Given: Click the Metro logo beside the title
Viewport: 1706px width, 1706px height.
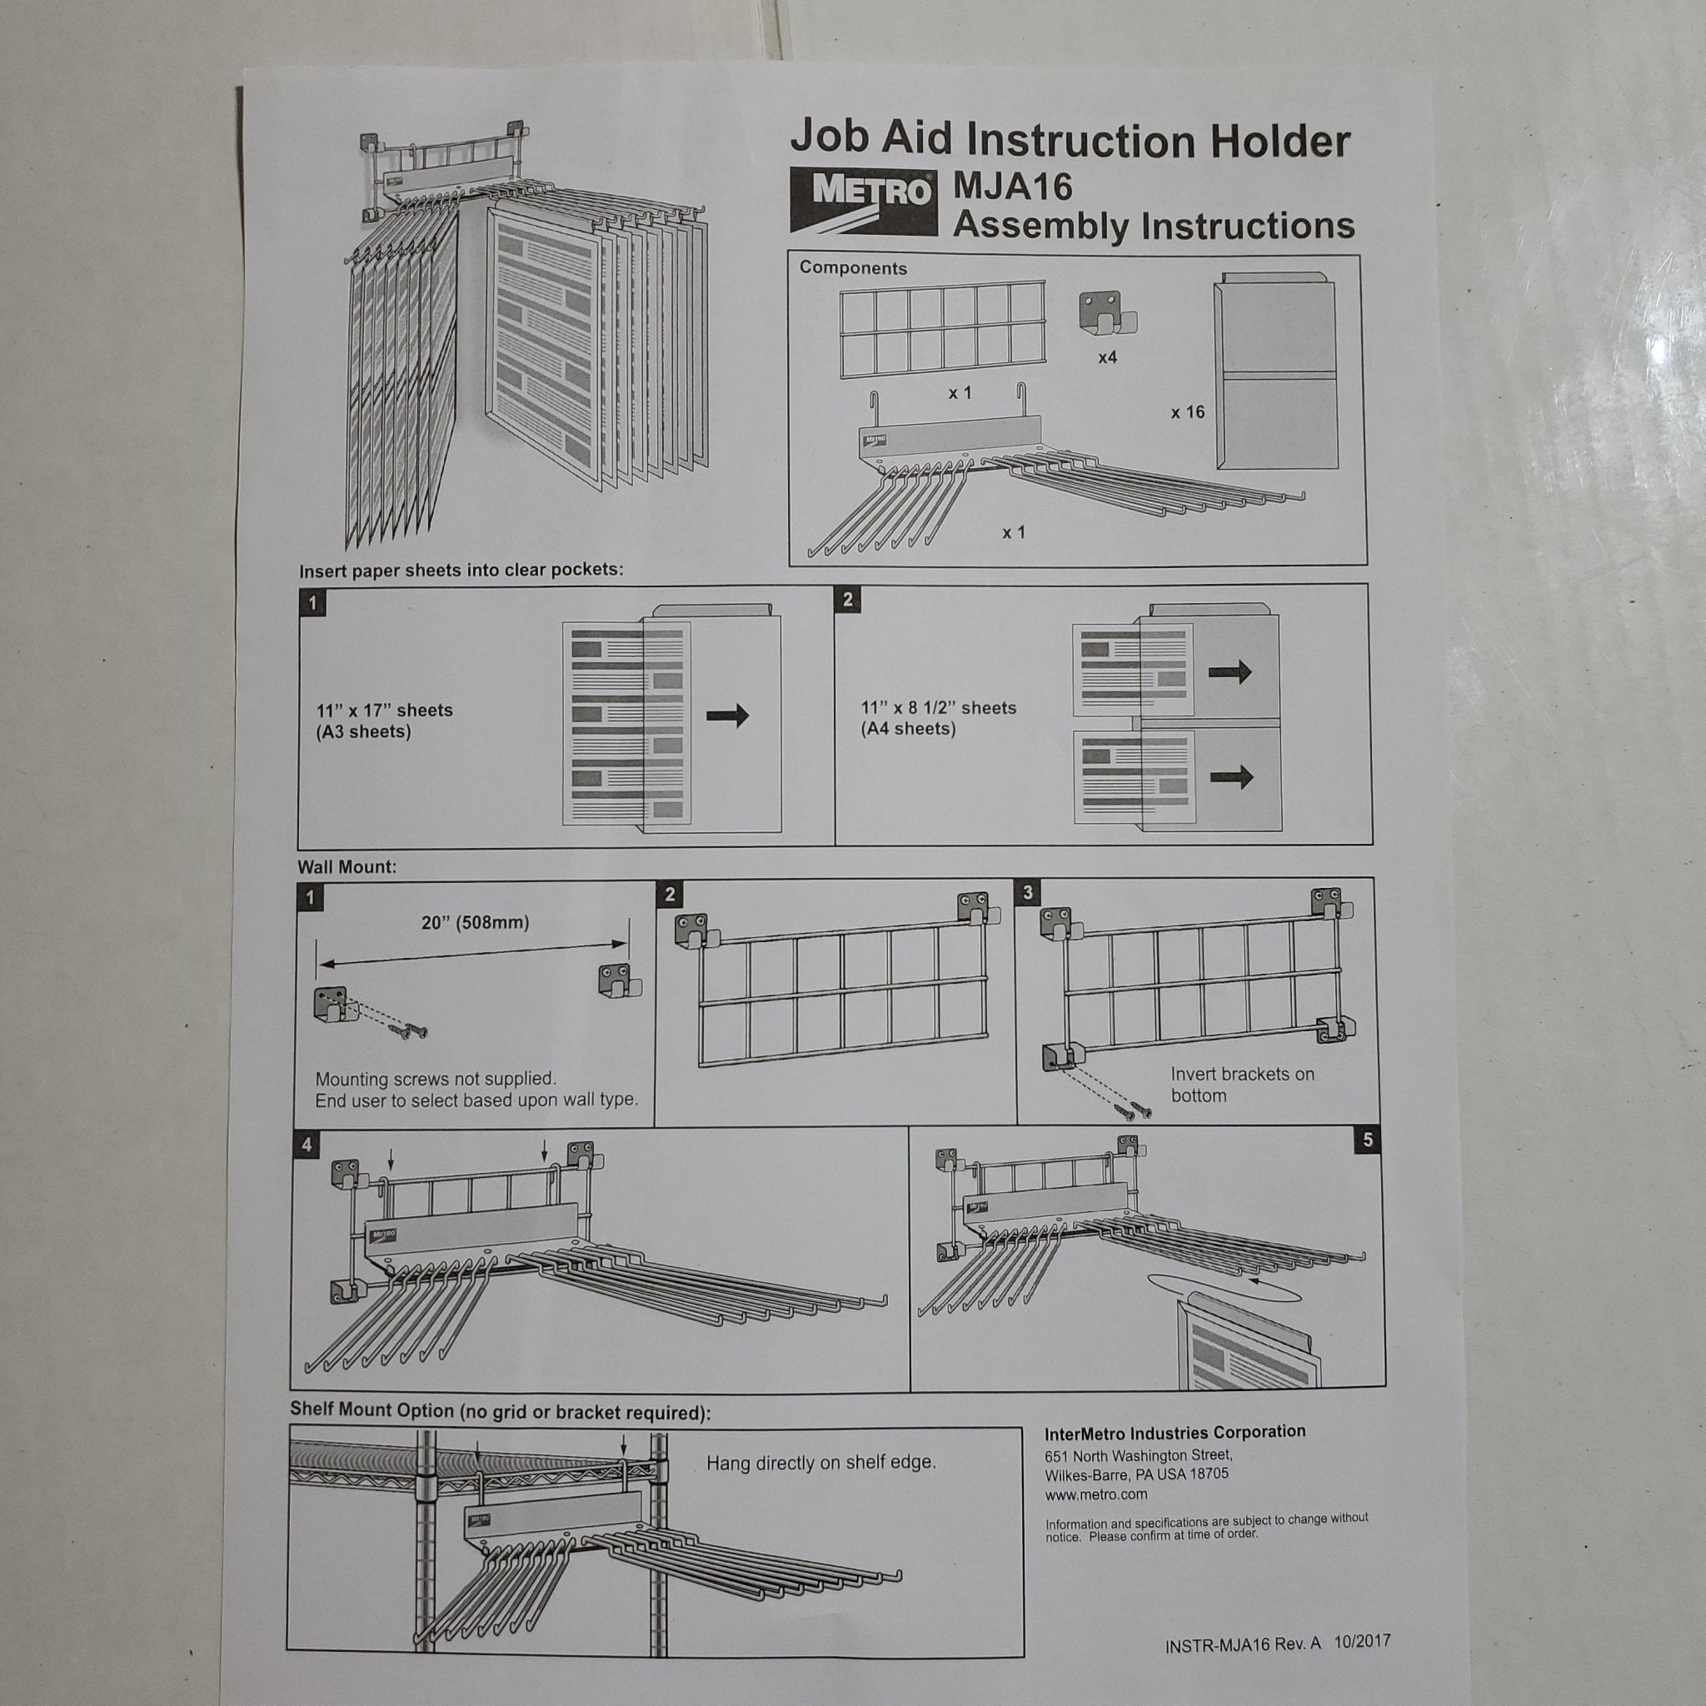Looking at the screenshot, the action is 863,201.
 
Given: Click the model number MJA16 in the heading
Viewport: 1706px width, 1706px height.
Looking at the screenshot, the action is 1013,187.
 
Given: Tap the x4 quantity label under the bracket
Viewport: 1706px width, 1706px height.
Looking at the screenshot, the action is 1107,357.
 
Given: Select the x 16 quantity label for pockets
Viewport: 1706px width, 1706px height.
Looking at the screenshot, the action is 1188,412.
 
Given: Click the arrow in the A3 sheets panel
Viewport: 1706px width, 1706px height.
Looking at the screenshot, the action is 727,716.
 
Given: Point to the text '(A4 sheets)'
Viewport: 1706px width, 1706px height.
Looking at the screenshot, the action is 909,730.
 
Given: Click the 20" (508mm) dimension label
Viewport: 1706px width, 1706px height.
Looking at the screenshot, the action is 475,923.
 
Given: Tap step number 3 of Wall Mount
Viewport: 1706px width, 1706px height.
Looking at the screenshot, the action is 1028,893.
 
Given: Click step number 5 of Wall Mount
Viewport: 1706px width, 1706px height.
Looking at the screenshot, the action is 1368,1140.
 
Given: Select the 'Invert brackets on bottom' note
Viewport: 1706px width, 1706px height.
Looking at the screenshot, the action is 1242,1085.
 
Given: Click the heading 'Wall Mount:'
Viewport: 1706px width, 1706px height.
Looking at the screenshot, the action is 347,867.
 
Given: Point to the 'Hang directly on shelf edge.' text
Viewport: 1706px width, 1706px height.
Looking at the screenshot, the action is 821,1462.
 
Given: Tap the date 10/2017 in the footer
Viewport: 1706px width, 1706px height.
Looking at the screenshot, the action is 1363,1642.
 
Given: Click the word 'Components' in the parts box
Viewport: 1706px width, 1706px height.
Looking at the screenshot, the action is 853,268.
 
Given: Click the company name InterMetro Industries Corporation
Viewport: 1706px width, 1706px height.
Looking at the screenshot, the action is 1175,1433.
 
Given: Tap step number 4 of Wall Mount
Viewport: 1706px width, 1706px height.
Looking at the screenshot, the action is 307,1145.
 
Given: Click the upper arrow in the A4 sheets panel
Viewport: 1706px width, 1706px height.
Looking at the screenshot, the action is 1230,672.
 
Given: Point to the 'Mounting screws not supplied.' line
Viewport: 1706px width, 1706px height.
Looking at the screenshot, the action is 436,1079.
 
